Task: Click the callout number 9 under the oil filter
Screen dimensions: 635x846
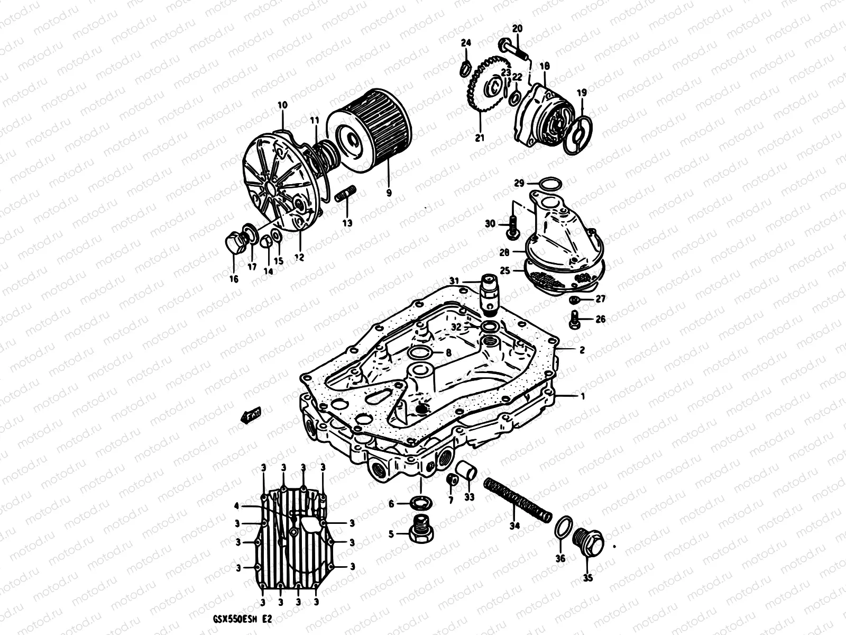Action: click(x=389, y=193)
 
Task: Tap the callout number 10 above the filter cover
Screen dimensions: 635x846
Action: click(x=282, y=105)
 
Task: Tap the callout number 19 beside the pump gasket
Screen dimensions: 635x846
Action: click(x=582, y=93)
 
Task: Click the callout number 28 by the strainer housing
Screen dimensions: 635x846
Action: click(x=505, y=253)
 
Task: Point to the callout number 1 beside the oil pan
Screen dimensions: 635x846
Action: click(x=583, y=395)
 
